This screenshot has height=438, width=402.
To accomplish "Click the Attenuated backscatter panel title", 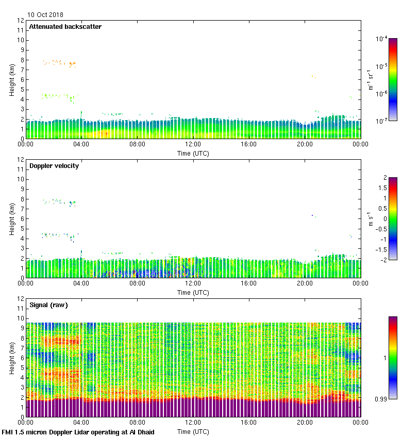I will pos(65,27).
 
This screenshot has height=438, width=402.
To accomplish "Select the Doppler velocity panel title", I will pos(54,166).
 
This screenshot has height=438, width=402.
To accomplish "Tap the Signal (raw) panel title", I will pos(48,305).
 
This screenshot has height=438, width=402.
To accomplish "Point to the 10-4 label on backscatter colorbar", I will pos(381,39).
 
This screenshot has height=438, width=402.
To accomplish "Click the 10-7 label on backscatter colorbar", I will pos(381,121).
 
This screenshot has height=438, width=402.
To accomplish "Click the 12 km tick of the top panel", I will pos(21,21).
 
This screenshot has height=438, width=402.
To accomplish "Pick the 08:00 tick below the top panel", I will pos(137,144).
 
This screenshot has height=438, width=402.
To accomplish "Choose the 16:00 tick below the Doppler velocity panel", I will pos(248,283).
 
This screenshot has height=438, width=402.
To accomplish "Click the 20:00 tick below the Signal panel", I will pos(305,423).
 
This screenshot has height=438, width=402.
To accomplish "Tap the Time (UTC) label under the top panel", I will pos(193,153).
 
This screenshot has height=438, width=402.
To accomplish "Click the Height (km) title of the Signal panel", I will pos(11,358).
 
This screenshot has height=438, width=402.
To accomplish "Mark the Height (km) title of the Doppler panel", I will pos(11,218).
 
